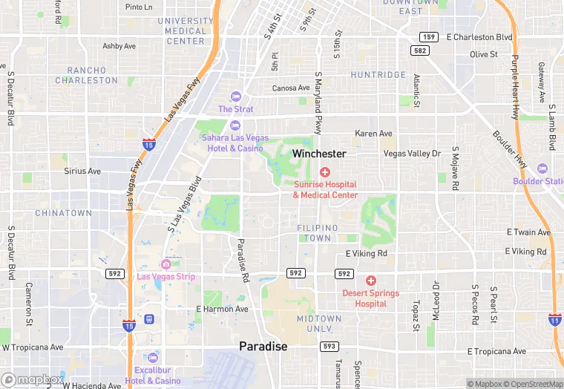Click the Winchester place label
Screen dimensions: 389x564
pyautogui.click(x=319, y=154)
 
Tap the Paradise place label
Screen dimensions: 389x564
pyautogui.click(x=263, y=346)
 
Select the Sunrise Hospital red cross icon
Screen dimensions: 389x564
pyautogui.click(x=325, y=172)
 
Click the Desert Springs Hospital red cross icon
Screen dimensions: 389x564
pyautogui.click(x=370, y=281)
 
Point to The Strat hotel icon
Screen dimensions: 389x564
pyautogui.click(x=236, y=97)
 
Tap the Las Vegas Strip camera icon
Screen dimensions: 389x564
pyautogui.click(x=166, y=264)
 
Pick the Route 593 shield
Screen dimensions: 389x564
pyautogui.click(x=329, y=347)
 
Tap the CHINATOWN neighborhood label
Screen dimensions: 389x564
pyautogui.click(x=64, y=213)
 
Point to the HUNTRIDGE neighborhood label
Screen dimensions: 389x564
pyautogui.click(x=378, y=75)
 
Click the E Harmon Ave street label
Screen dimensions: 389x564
pyautogui.click(x=222, y=309)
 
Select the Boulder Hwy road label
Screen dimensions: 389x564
pyautogui.click(x=508, y=146)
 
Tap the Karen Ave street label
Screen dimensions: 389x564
pyautogui.click(x=373, y=134)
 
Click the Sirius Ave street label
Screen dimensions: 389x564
pyautogui.click(x=82, y=171)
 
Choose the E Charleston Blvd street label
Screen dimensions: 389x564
pyautogui.click(x=479, y=37)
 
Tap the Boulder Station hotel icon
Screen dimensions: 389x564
pyautogui.click(x=541, y=169)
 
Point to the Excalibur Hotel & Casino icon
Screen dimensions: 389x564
pyautogui.click(x=152, y=358)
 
